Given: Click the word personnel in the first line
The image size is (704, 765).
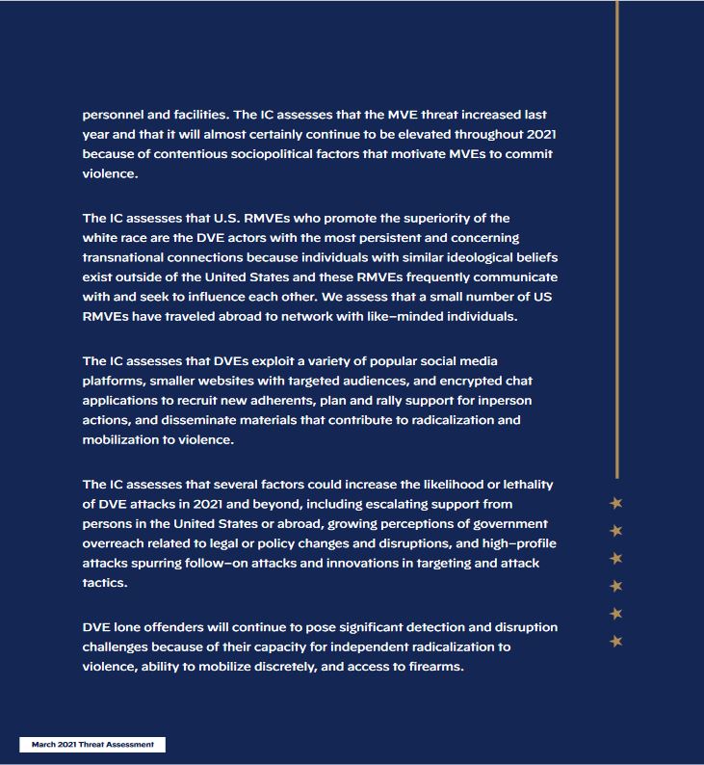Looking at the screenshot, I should coord(114,115).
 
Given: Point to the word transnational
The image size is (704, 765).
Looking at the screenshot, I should coord(129,257).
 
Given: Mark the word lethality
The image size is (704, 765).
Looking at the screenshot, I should coord(524,484).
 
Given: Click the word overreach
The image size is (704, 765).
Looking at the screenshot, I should coord(117,543).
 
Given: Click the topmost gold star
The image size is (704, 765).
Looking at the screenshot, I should coord(616,503).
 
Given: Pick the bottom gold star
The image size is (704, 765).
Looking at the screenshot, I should coord(616,641).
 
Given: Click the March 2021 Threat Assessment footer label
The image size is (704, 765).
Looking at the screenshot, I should coord(92,745).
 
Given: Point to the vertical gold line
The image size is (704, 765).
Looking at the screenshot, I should coord(616,241).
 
